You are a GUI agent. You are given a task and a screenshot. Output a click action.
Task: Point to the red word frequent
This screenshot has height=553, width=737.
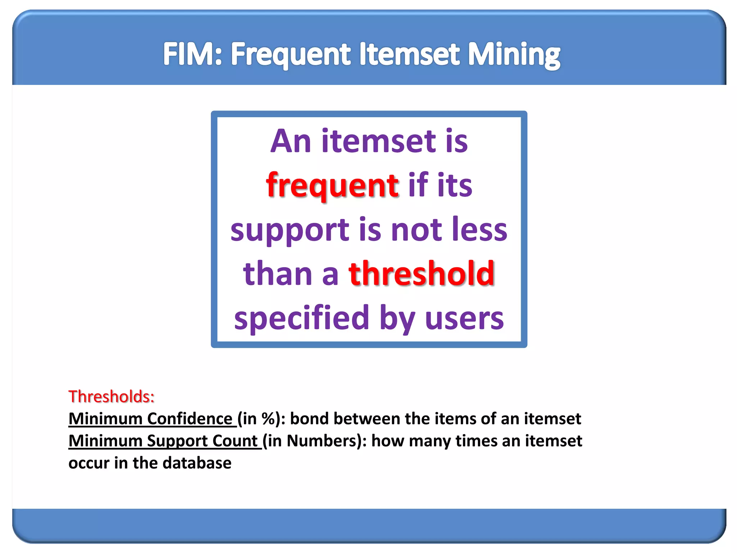tap(332, 185)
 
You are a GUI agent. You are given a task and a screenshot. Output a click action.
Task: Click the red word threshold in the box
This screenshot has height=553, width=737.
tap(421, 274)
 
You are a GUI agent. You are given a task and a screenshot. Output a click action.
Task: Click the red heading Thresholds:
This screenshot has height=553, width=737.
tap(112, 396)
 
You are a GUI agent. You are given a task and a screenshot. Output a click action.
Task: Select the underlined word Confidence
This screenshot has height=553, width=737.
tap(190, 419)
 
